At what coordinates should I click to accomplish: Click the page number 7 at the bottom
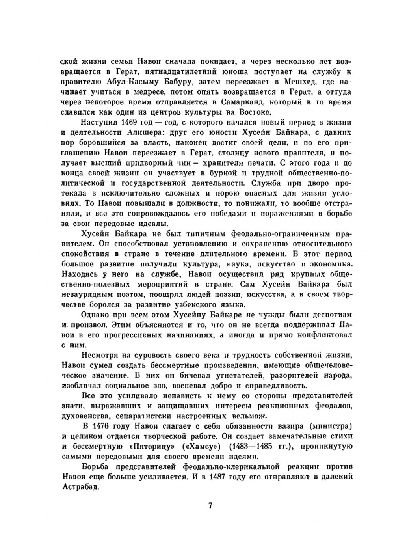click(210, 506)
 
